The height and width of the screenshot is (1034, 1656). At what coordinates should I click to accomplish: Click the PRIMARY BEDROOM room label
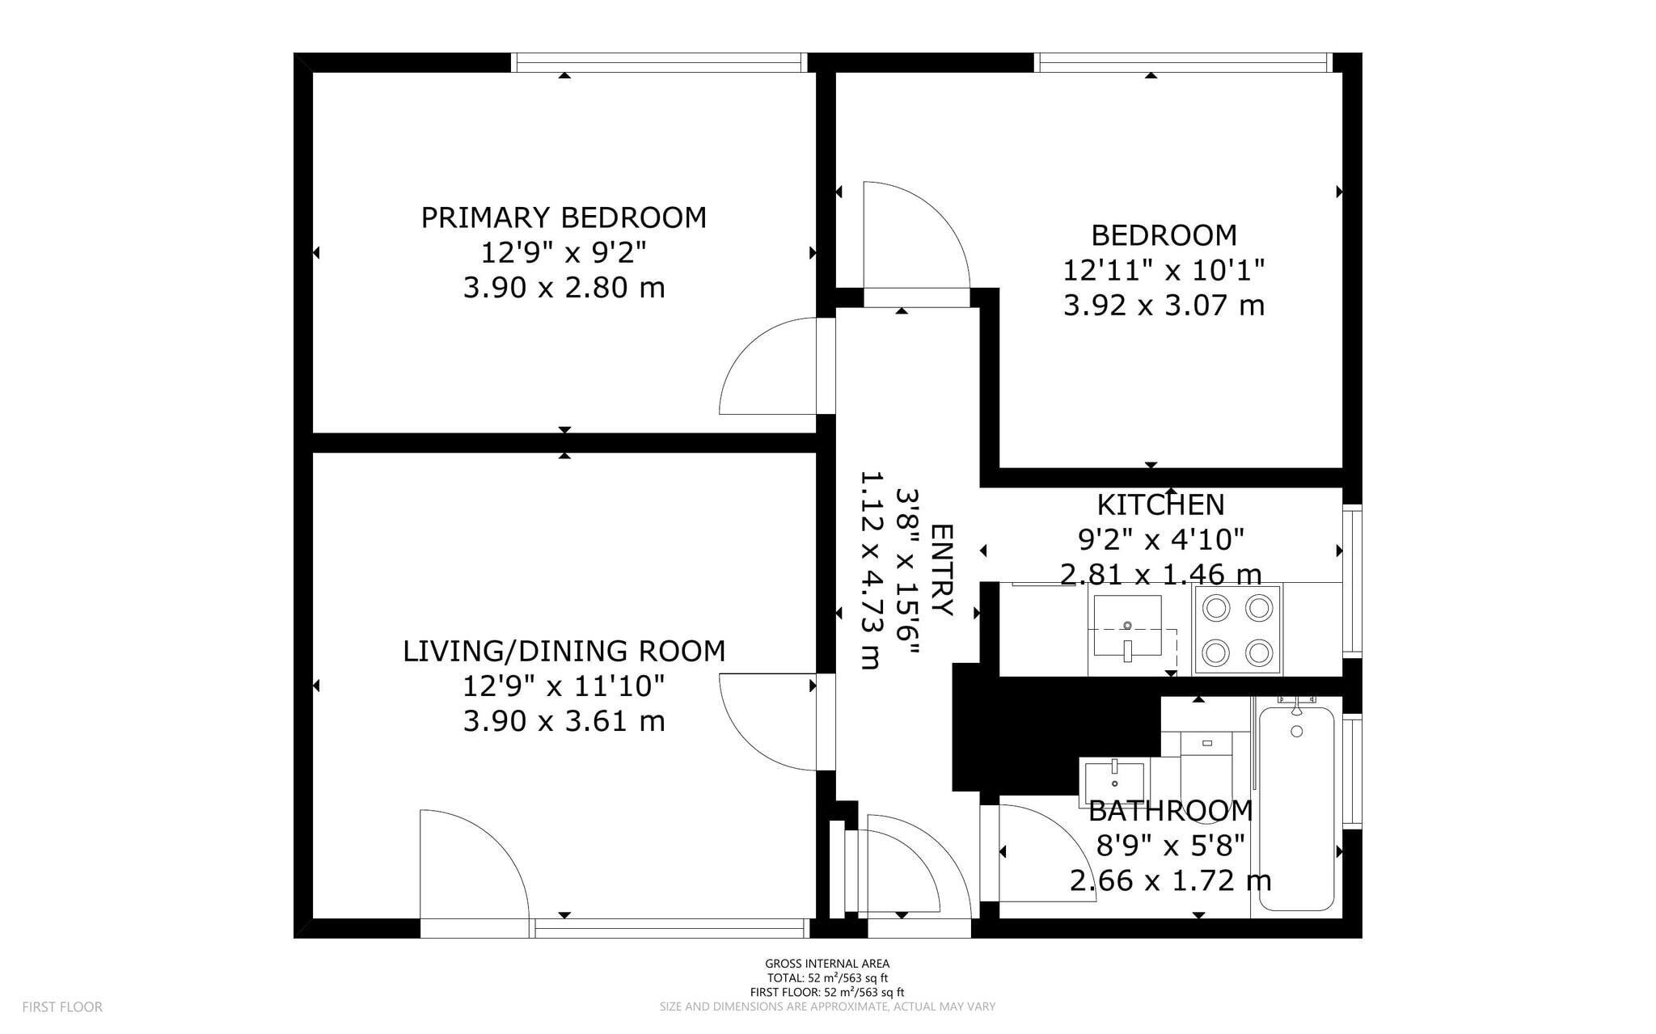click(564, 217)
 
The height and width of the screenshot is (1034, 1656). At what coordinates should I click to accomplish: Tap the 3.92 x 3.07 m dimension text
click(1164, 306)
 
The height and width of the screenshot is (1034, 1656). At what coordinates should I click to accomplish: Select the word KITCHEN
click(1160, 504)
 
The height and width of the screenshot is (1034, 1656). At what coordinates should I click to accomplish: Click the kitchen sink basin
click(1127, 625)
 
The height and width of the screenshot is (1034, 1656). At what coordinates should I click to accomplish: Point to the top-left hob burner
click(1215, 607)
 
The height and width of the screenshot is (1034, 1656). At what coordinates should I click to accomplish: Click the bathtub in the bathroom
click(1296, 808)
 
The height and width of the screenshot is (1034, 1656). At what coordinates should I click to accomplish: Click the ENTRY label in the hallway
click(943, 570)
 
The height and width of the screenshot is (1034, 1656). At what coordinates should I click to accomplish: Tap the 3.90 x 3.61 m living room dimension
click(564, 720)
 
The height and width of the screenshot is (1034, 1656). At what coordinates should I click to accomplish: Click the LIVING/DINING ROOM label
click(564, 651)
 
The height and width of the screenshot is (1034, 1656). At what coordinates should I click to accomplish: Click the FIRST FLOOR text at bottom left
click(62, 1007)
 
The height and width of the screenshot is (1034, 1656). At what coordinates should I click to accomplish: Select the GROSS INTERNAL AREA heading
click(827, 963)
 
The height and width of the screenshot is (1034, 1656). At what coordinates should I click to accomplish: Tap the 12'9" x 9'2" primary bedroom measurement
click(564, 253)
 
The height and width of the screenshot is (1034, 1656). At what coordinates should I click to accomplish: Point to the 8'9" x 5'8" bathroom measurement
click(1170, 846)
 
